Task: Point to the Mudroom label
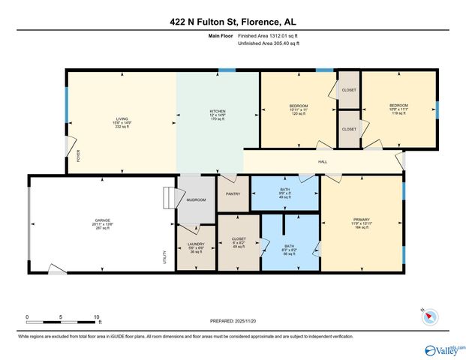coord(196,200)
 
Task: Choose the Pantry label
coord(232,193)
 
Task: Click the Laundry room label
coord(195,244)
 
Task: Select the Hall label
coord(323,161)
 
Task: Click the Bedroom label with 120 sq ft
coord(298,106)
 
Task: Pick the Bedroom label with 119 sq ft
coord(398,106)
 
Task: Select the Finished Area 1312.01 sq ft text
coord(268,36)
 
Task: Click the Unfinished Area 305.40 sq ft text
coord(268,44)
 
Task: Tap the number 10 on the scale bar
coord(98,317)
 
